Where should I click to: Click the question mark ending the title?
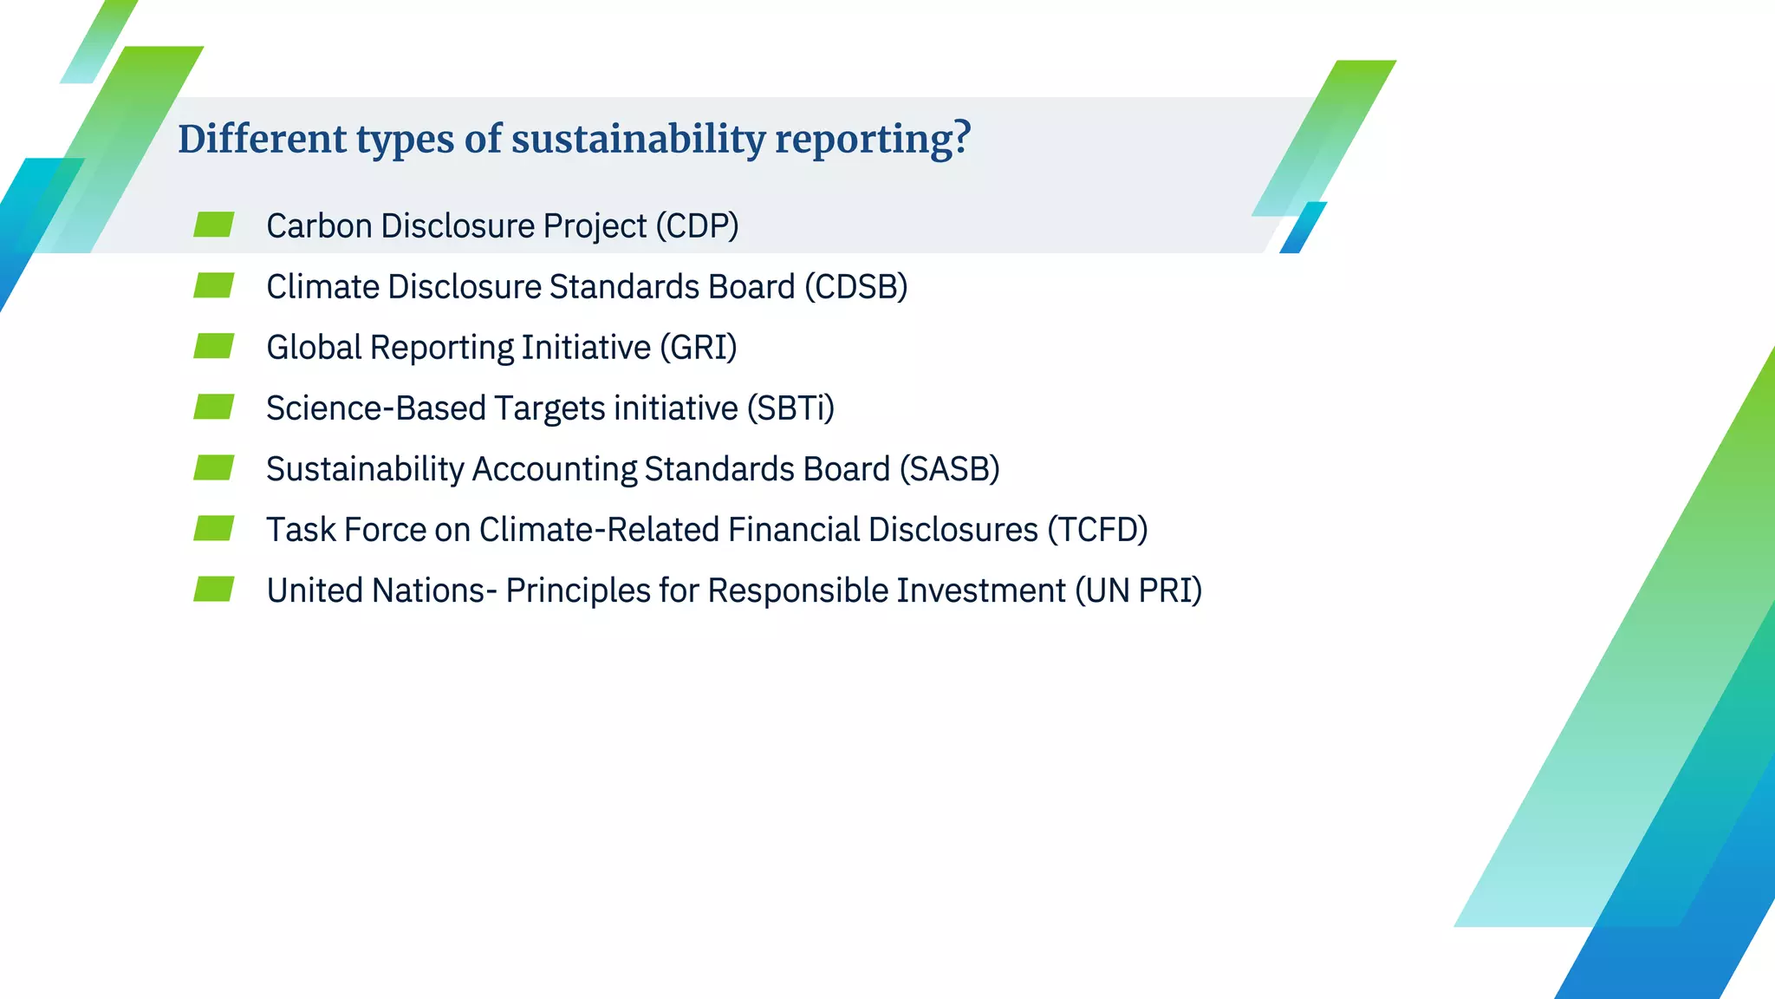click(x=960, y=139)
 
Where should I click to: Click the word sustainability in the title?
click(x=638, y=140)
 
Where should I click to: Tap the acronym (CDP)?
click(x=697, y=225)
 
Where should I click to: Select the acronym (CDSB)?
click(x=855, y=287)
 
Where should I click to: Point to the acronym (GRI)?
click(x=698, y=348)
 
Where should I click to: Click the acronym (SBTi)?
click(x=790, y=408)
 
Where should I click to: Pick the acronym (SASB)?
click(x=949, y=469)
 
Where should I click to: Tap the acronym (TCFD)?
click(x=1097, y=530)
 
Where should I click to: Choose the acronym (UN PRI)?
click(x=1138, y=591)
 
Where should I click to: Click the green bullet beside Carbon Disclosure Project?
click(x=213, y=225)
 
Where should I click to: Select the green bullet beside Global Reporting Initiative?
click(x=213, y=346)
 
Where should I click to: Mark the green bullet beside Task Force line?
click(x=213, y=528)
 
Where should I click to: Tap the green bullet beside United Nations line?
click(x=213, y=589)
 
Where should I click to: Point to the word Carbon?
click(x=319, y=226)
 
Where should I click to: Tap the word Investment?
click(x=980, y=591)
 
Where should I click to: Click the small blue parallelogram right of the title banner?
click(x=1303, y=227)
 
